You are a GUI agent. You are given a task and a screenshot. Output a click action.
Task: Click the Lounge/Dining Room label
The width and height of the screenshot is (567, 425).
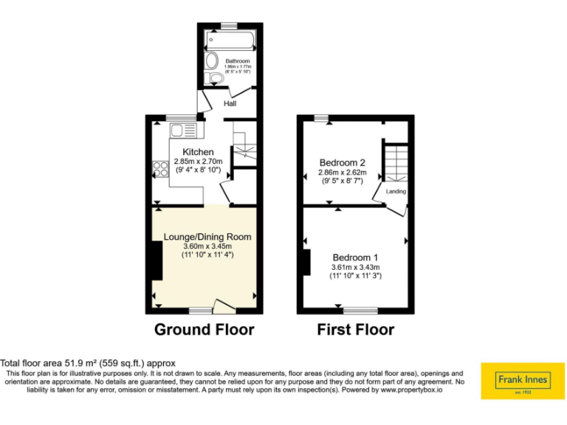[207, 237]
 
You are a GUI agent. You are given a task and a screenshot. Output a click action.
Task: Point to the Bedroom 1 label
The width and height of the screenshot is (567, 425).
[354, 258]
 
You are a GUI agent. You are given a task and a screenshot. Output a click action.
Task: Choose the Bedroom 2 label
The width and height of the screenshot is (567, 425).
[342, 162]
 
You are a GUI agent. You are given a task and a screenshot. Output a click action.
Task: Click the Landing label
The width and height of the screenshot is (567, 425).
[396, 191]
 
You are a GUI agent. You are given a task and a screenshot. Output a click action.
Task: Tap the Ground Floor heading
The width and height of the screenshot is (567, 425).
[204, 329]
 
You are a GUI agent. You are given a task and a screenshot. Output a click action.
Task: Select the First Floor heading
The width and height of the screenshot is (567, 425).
[356, 329]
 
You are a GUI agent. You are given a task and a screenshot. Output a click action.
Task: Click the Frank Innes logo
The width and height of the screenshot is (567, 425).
[522, 381]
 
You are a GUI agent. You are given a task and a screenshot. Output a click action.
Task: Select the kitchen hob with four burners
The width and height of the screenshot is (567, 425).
[159, 168]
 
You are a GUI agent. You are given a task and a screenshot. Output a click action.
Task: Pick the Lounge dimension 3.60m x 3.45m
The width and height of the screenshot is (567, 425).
[207, 246]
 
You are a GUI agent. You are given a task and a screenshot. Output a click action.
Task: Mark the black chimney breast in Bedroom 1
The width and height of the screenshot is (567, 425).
[306, 263]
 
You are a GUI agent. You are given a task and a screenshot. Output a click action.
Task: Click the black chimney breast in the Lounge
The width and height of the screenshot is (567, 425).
[157, 260]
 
